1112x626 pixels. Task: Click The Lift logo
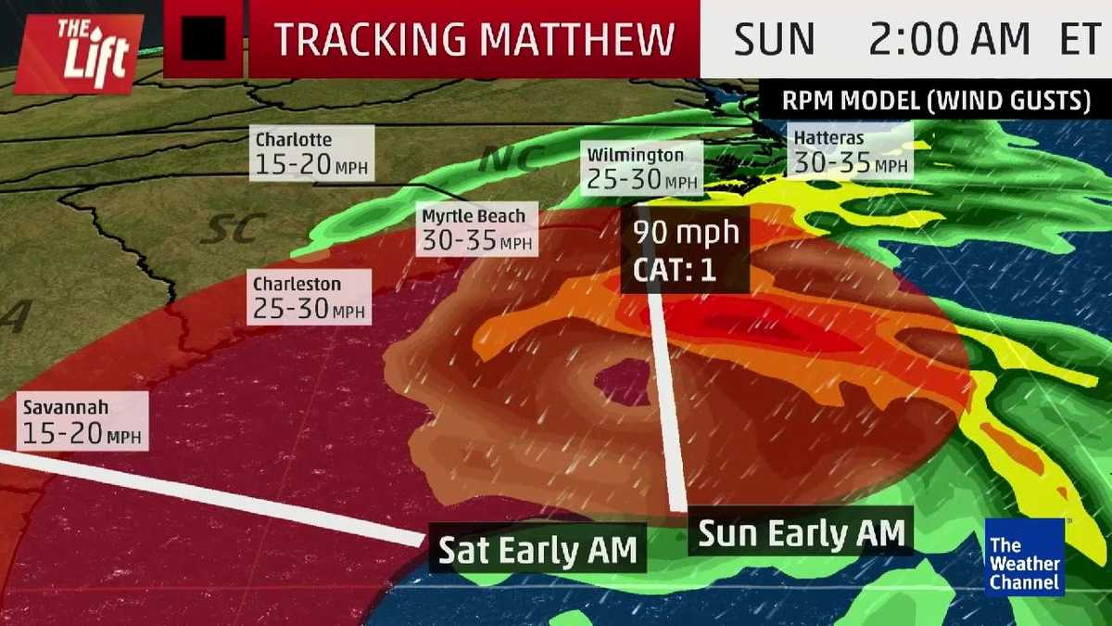click(x=79, y=53)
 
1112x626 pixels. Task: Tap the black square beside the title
click(x=203, y=40)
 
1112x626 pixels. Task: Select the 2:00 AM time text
click(x=949, y=39)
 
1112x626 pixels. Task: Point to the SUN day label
click(x=774, y=39)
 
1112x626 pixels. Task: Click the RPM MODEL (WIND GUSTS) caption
click(x=935, y=101)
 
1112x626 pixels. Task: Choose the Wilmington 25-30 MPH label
click(x=641, y=168)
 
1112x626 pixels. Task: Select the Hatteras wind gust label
click(x=851, y=152)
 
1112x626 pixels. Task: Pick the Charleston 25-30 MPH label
click(x=309, y=297)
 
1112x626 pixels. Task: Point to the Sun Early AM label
click(x=800, y=533)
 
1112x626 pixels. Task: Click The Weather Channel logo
click(x=1024, y=556)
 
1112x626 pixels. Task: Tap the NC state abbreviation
click(x=509, y=160)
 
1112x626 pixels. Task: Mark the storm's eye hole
click(x=623, y=382)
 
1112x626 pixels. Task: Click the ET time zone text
click(x=1080, y=39)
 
